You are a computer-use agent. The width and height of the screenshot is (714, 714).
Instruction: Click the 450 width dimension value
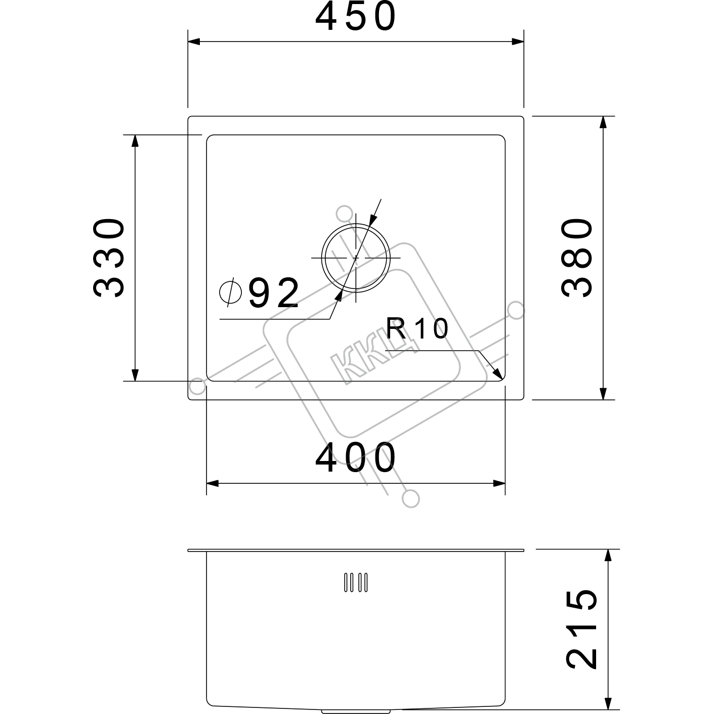(x=356, y=17)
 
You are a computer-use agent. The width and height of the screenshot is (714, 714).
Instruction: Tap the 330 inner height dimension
(x=109, y=258)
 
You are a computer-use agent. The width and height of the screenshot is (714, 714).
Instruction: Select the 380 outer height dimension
(x=577, y=258)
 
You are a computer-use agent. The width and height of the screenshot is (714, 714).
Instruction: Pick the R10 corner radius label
(x=417, y=328)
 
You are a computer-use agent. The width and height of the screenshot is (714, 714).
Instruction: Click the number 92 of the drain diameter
(x=274, y=292)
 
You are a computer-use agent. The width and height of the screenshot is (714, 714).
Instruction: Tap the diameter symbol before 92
(x=230, y=292)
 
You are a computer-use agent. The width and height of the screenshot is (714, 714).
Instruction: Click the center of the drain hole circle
(x=356, y=258)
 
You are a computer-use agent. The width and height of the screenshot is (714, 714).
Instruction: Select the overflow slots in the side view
(x=356, y=582)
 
